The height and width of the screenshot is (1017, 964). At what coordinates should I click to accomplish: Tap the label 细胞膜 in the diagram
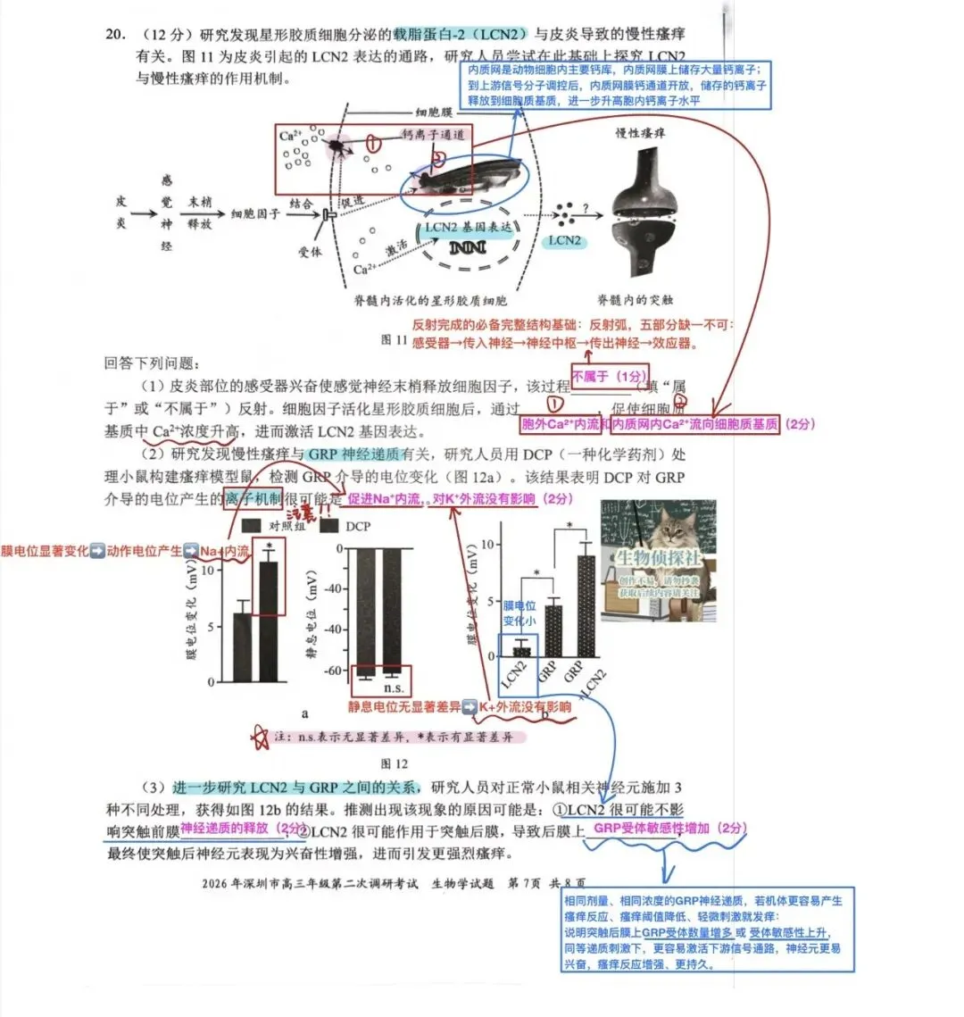(435, 113)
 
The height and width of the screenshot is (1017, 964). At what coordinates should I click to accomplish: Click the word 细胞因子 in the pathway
(255, 214)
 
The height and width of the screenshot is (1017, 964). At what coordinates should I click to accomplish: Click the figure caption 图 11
(394, 340)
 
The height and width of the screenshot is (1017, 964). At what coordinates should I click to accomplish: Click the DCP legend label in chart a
(357, 526)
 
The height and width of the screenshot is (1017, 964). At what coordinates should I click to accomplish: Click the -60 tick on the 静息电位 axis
(332, 671)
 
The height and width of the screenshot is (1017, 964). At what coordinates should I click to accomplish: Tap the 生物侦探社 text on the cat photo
(659, 559)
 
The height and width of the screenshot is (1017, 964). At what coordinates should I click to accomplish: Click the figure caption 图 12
(394, 764)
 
